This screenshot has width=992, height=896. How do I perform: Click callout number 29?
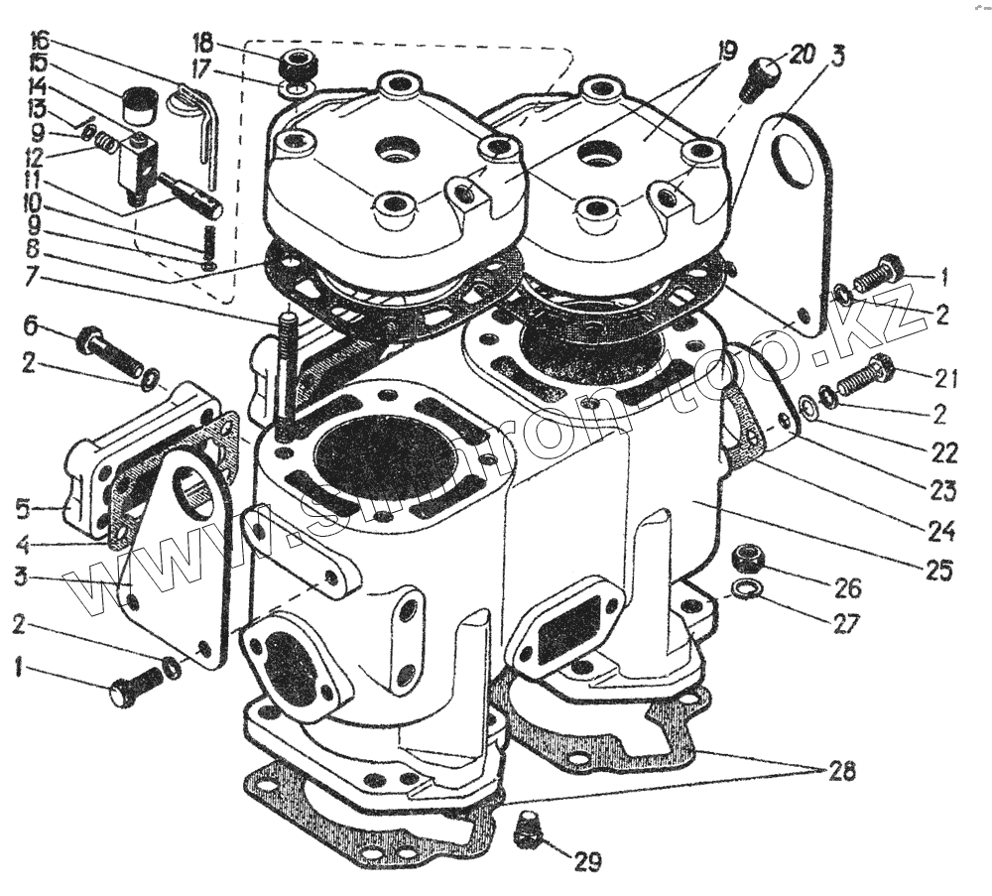(587, 861)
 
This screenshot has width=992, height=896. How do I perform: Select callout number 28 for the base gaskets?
(839, 771)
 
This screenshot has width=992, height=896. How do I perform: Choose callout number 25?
(937, 571)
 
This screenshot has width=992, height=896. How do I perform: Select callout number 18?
(202, 42)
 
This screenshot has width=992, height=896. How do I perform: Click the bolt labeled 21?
(866, 379)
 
